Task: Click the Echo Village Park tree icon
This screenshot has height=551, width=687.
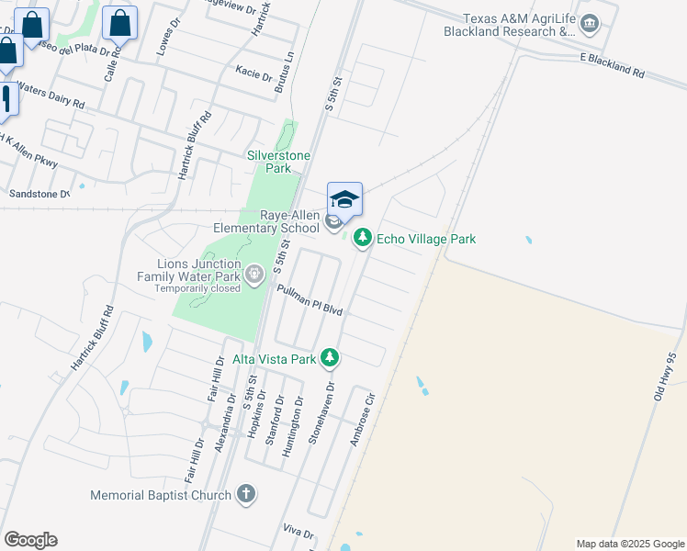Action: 364,239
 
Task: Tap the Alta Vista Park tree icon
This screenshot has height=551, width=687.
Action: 330,358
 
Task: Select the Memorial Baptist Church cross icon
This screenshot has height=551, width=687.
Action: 245,495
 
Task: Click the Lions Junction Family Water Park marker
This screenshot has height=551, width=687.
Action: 254,274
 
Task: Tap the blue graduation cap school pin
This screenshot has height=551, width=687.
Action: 344,199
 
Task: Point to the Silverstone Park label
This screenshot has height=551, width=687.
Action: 268,162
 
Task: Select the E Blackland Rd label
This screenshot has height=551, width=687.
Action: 613,63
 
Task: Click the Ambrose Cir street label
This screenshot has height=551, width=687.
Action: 364,421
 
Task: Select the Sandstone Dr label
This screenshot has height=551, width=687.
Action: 39,194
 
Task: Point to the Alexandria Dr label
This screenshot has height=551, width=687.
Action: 220,428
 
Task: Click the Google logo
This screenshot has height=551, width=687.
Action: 30,540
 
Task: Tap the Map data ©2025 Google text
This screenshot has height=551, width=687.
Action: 628,544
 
